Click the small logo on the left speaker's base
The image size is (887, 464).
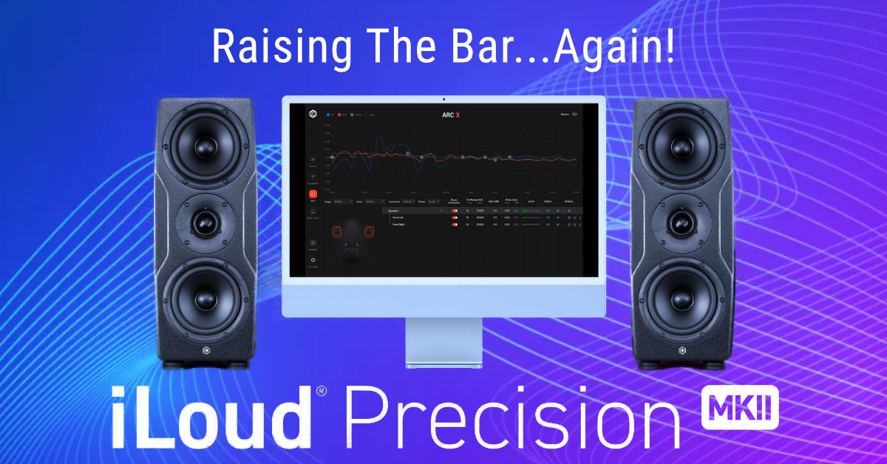206,349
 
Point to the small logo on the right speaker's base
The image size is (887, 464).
681,349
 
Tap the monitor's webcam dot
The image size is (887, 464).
443,99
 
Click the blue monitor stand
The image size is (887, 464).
443,344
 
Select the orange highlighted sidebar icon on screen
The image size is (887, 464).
313,194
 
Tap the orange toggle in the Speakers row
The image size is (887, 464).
455,211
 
